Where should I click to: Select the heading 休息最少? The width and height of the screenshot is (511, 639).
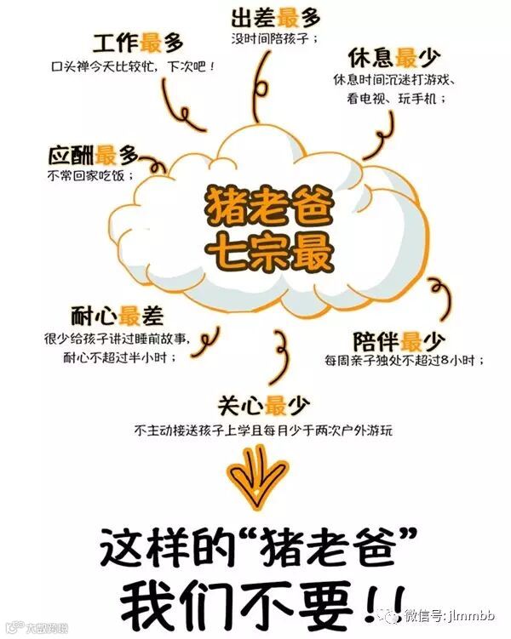click(393, 59)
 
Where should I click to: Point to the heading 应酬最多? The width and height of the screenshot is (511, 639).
click(94, 156)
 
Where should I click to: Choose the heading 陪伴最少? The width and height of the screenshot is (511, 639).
click(398, 341)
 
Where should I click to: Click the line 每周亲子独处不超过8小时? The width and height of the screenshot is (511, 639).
click(404, 362)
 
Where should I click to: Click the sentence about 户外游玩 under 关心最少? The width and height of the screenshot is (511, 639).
click(263, 431)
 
